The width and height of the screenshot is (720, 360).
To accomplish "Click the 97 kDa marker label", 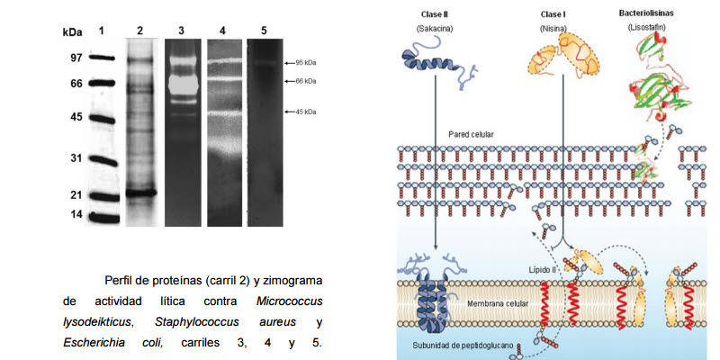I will coord(76,58).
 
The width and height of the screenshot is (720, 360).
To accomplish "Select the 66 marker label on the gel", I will coord(76,84).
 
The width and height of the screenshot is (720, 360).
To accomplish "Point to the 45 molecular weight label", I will coord(76,117).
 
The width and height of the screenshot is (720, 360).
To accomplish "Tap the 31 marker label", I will coord(76,158).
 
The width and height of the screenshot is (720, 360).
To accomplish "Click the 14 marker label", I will coord(76,214).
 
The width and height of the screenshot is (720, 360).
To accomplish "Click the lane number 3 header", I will coord(181,31).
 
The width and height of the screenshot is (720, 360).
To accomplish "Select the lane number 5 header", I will coord(265,31).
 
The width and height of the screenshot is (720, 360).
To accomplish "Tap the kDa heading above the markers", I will coord(73,31).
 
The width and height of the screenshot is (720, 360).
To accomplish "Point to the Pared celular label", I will coord(471,134).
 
